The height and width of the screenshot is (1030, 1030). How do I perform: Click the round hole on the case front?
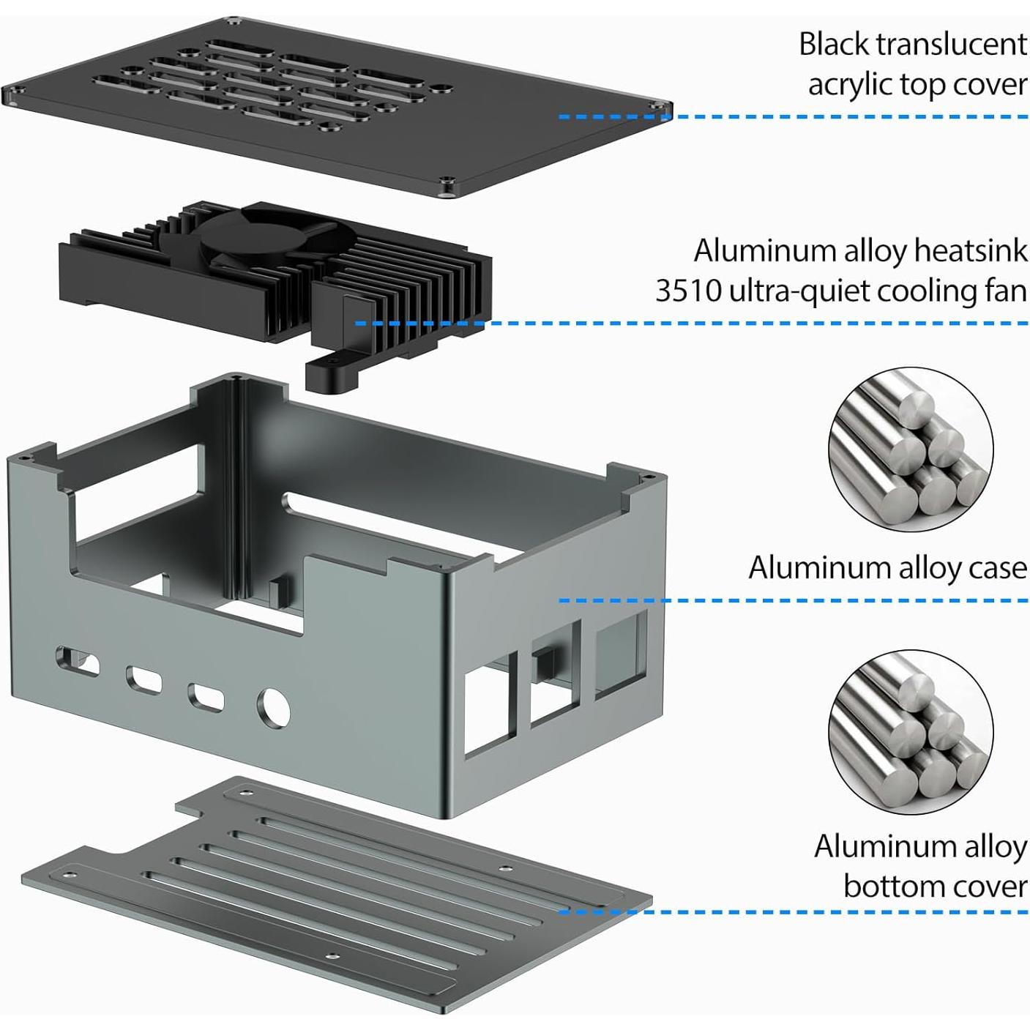[x=272, y=707]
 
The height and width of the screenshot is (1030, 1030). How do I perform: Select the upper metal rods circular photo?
[x=911, y=449]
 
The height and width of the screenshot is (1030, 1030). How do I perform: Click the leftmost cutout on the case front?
[x=76, y=660]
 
